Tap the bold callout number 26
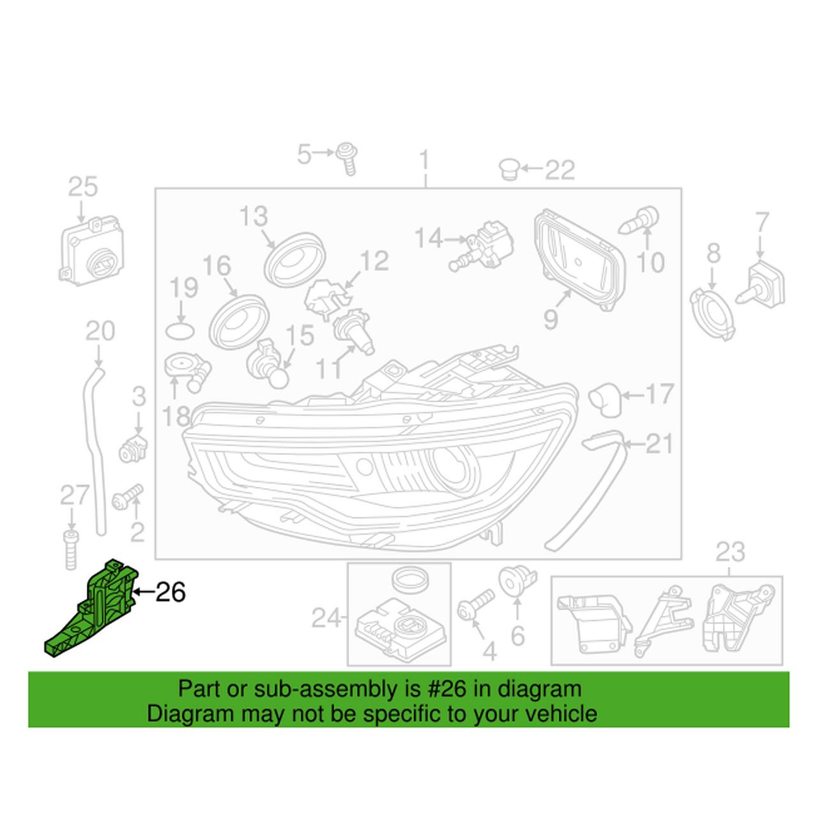(x=170, y=592)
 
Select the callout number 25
(x=83, y=187)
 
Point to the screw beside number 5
(x=348, y=156)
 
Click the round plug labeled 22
(x=508, y=169)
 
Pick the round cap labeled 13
(x=295, y=260)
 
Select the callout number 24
(x=326, y=618)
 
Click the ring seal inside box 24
(x=408, y=580)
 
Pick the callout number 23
(x=730, y=552)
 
